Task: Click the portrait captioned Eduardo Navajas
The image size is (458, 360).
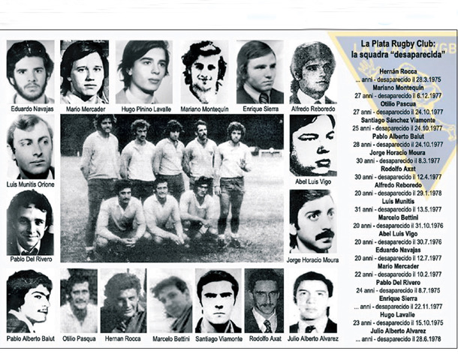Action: (x=30, y=72)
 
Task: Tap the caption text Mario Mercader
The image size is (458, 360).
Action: (x=84, y=109)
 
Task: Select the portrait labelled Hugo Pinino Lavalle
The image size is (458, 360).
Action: (x=143, y=72)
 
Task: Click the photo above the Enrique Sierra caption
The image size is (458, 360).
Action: (x=260, y=72)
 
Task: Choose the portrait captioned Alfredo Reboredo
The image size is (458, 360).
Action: (x=313, y=72)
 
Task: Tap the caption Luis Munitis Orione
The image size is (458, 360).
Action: (x=31, y=184)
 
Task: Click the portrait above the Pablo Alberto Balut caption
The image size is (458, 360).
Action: (x=29, y=301)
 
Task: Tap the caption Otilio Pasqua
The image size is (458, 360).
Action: (x=80, y=339)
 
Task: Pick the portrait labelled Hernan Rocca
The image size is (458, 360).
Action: (x=123, y=301)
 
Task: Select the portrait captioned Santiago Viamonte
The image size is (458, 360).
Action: (x=218, y=301)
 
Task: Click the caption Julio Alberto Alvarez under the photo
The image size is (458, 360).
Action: (x=313, y=339)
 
